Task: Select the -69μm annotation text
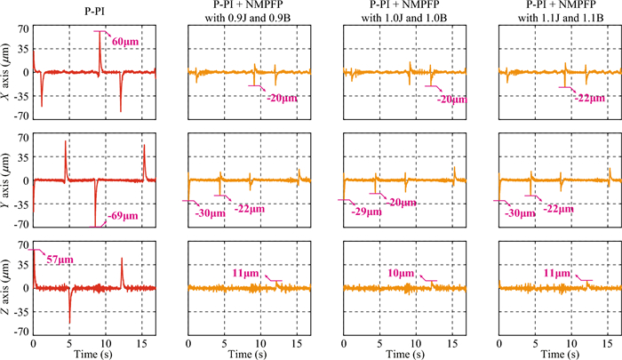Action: click(x=124, y=214)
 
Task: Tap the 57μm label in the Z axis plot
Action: click(x=58, y=259)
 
